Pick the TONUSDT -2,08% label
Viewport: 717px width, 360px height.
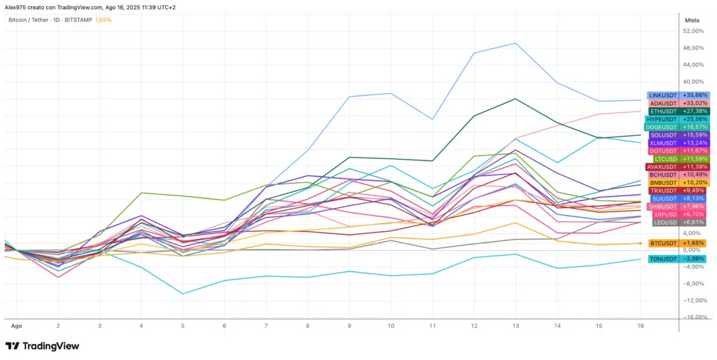(x=677, y=259)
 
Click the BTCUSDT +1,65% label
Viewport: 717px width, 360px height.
(x=677, y=243)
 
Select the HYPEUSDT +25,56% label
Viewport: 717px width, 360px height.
(x=677, y=119)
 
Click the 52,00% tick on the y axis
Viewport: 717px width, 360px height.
(x=693, y=32)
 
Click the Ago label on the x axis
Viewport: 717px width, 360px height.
(x=16, y=326)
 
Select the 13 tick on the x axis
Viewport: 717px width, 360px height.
(x=516, y=326)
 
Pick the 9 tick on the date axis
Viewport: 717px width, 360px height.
(x=349, y=326)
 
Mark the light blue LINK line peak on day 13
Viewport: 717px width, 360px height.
(x=516, y=43)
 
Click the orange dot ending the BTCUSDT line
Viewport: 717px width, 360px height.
(x=641, y=243)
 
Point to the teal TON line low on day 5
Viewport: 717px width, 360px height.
(x=183, y=293)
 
